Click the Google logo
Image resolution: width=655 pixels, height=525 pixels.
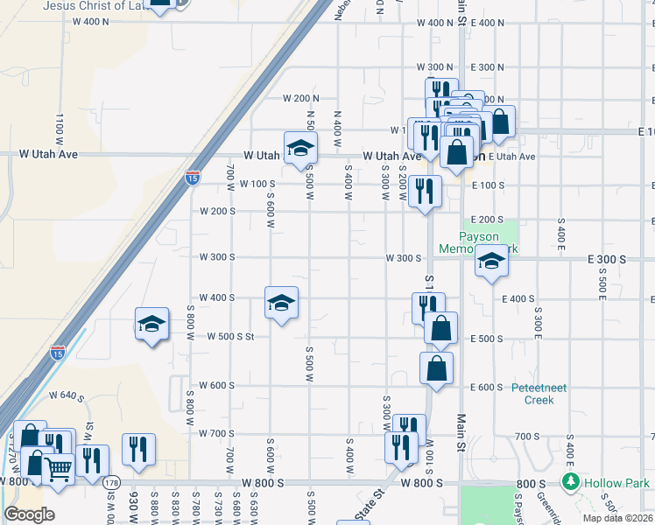[x=29, y=514]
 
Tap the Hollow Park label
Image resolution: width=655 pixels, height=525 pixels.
[x=618, y=483]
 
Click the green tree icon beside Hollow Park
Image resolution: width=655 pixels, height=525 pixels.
[x=571, y=482]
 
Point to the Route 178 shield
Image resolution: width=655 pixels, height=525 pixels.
[x=111, y=482]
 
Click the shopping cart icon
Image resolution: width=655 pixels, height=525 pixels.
[x=58, y=470]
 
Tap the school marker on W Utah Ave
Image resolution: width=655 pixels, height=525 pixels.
[x=299, y=147]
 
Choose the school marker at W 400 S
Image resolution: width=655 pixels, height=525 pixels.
[x=280, y=303]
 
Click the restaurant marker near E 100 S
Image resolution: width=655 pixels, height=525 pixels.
[x=425, y=191]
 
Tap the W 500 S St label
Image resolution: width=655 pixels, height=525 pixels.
[x=230, y=336]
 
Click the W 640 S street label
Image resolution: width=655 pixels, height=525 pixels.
[x=66, y=395]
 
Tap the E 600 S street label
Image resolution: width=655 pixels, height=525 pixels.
[x=486, y=387]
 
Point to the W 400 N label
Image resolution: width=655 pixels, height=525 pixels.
[x=435, y=23]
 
